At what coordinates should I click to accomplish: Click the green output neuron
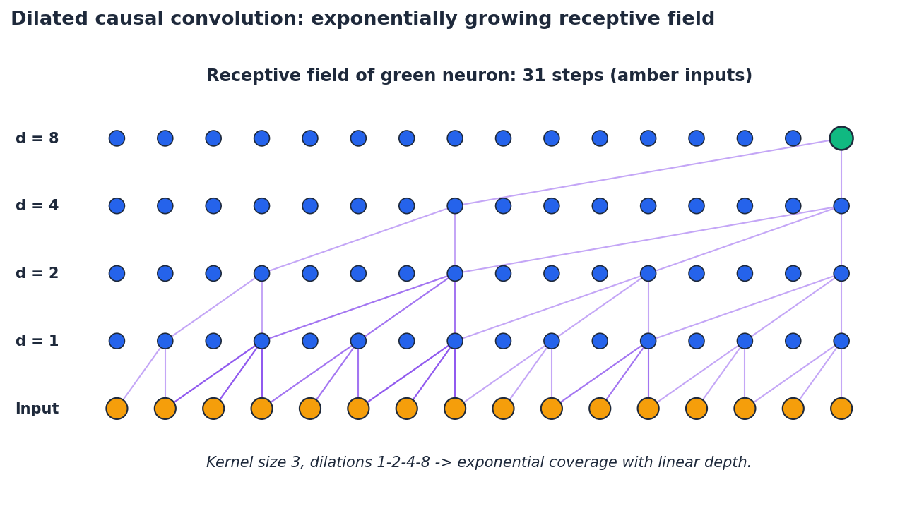click(841, 138)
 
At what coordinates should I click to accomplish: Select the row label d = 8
click(37, 139)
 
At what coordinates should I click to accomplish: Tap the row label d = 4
click(37, 206)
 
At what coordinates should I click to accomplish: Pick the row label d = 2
click(37, 274)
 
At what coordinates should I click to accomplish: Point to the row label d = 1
click(37, 342)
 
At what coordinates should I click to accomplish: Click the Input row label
click(37, 409)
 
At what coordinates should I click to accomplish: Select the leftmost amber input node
click(117, 409)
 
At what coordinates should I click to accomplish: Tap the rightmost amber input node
click(841, 409)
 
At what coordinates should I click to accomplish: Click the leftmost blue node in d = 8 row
click(117, 138)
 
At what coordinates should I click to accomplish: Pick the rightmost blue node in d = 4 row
click(841, 206)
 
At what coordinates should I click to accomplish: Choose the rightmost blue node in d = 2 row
click(841, 274)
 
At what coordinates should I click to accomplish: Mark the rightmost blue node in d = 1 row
click(841, 341)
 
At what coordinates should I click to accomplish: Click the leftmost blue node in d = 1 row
click(117, 341)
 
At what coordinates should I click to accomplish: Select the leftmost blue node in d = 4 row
click(117, 206)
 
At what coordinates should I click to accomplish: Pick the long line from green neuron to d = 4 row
click(648, 172)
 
